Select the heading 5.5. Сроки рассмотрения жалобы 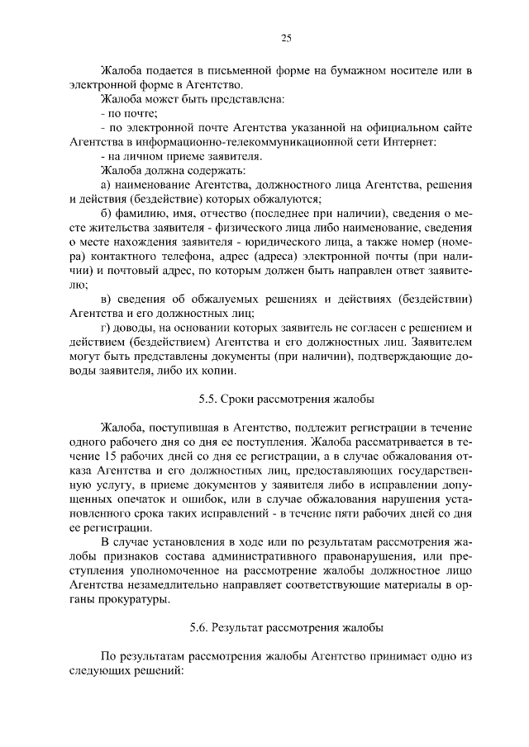286,400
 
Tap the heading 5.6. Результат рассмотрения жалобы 286,627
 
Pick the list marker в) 105,299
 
